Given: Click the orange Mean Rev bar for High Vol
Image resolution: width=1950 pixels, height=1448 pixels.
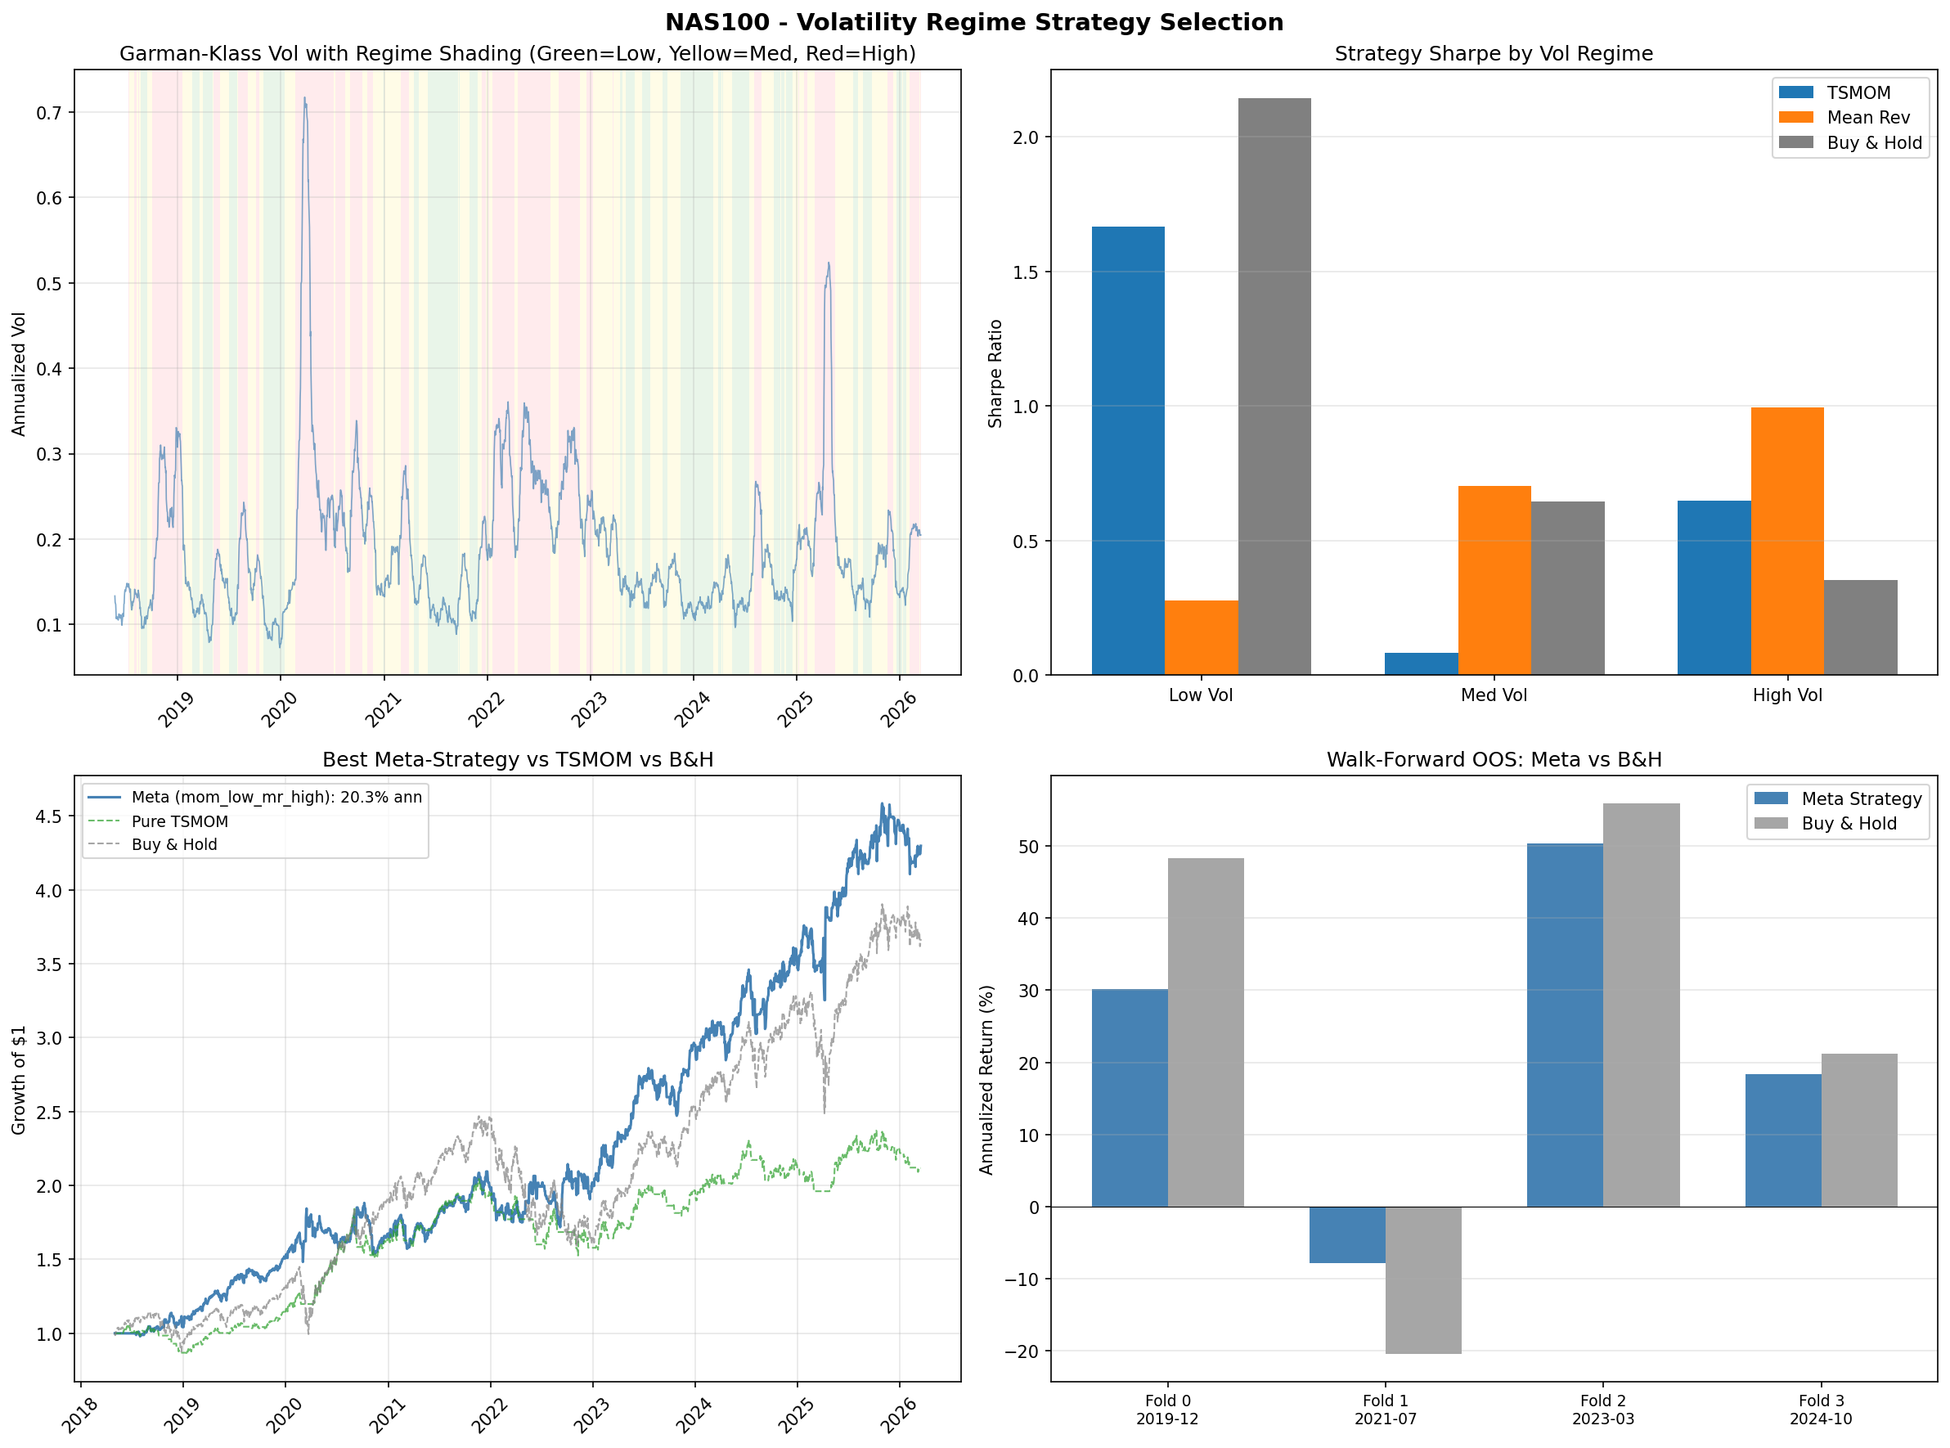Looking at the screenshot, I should (1786, 541).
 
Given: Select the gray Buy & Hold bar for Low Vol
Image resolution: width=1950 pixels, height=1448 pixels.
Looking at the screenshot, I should (1274, 386).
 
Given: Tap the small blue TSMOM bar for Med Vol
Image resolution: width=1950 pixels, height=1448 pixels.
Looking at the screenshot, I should (1421, 663).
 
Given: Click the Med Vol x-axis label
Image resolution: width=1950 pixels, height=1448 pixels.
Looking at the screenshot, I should (1493, 695).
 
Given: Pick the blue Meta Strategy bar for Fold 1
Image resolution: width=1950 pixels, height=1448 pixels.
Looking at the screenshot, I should (1346, 1234).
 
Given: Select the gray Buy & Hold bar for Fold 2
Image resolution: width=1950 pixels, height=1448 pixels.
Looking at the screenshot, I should (1640, 1005).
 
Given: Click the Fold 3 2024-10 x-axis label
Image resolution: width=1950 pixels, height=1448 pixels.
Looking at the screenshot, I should (1820, 1410).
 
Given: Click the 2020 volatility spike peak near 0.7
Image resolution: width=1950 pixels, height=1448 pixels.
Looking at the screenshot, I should (304, 99).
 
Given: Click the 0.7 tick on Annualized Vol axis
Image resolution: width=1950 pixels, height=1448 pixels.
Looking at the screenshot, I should (49, 112).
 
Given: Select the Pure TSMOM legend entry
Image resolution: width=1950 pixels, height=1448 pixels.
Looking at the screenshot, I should (179, 821).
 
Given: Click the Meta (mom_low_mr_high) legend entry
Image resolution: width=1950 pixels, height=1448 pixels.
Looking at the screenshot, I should (276, 797).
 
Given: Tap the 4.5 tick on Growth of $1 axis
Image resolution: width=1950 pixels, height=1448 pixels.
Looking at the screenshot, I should (49, 816).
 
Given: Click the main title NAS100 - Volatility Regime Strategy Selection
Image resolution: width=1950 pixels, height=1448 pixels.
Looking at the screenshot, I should (973, 22).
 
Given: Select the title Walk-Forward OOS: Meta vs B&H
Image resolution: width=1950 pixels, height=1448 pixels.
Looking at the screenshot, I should (1493, 759).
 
